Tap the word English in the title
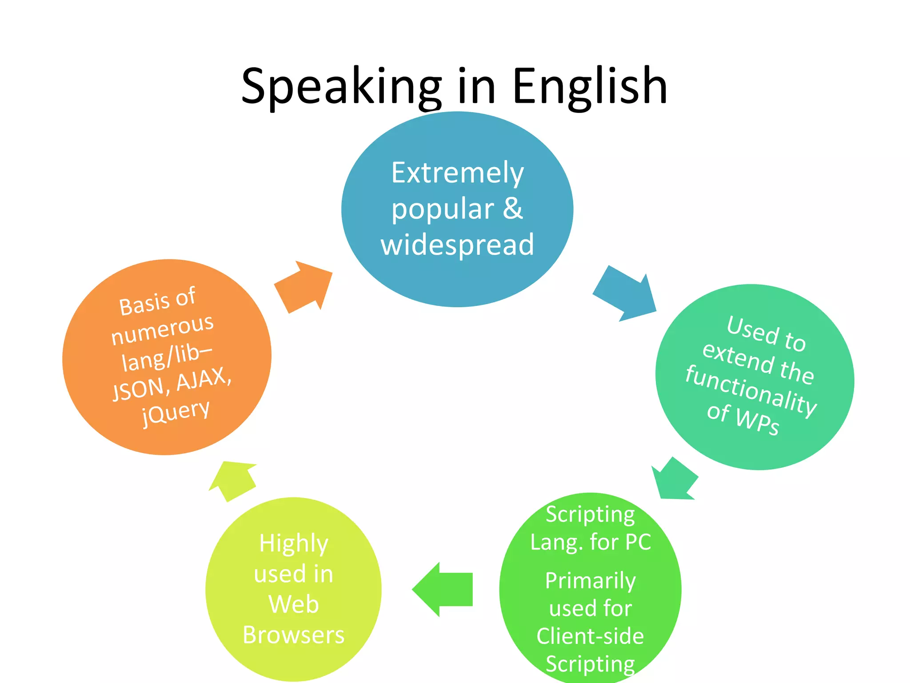[x=590, y=87]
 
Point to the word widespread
[x=457, y=245]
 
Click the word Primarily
[x=591, y=581]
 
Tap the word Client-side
[x=590, y=636]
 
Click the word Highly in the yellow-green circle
[x=294, y=543]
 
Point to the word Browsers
[x=294, y=635]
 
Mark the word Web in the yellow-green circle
[x=294, y=604]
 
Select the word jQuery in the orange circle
[x=176, y=412]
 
